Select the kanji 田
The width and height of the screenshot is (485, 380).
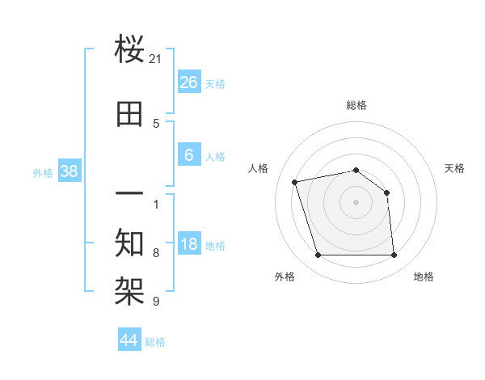130,114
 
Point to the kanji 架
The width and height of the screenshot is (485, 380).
130,290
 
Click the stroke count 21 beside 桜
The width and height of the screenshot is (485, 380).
156,59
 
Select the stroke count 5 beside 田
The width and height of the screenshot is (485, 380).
156,124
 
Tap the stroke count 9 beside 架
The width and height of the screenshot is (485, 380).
156,302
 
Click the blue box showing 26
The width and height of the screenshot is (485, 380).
188,82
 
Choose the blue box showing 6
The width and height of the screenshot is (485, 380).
188,155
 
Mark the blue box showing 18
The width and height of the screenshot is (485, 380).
188,244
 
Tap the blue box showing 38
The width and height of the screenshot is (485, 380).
69,171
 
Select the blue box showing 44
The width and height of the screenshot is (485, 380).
129,340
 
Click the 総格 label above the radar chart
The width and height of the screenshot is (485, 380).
356,105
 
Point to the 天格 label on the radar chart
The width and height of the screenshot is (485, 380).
454,168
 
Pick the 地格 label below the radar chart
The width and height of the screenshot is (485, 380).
424,277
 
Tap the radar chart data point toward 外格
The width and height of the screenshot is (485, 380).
318,255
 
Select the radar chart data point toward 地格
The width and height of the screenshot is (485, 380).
394,255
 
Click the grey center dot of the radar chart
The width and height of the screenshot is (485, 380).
356,202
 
